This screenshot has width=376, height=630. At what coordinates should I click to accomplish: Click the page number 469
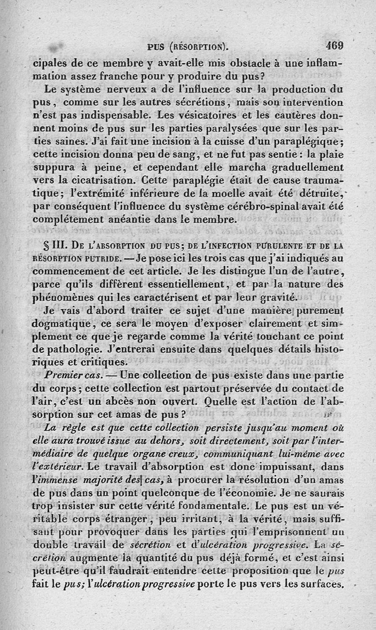(x=334, y=46)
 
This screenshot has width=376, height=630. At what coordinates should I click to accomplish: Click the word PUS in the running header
(x=155, y=47)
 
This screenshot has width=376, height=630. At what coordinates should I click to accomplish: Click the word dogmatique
(x=60, y=324)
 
